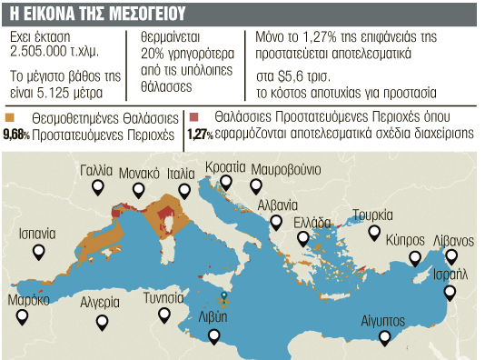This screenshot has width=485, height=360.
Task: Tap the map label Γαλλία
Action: point(95,170)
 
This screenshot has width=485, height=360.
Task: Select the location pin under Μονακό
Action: point(139,191)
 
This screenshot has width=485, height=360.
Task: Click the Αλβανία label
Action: point(277,205)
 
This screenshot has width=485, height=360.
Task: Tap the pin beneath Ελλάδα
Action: point(302,239)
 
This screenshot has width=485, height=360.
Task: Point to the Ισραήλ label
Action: point(451,274)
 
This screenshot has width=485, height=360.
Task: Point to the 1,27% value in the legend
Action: point(199,135)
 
